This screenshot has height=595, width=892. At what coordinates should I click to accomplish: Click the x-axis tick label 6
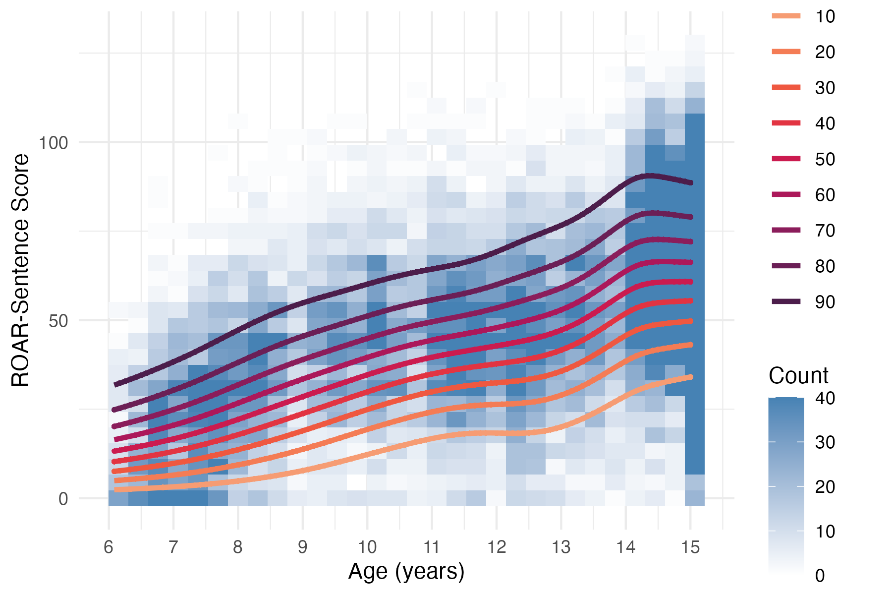point(109,547)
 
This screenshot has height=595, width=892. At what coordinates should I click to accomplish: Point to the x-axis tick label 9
point(302,547)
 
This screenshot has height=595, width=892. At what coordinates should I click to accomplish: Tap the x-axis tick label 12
point(497,547)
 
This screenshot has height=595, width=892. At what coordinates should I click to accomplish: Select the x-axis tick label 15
point(690,547)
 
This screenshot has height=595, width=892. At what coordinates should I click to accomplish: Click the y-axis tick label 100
point(54,143)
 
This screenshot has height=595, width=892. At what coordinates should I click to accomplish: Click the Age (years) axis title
point(406,572)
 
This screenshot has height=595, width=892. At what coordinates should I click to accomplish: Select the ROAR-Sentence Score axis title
point(21,270)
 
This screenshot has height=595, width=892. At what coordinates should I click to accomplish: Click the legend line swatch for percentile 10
point(786,16)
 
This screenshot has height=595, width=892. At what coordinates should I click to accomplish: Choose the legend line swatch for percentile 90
point(786,301)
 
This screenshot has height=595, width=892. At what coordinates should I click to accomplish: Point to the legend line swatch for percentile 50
point(786,159)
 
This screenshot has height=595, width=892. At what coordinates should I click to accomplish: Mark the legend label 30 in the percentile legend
point(825,88)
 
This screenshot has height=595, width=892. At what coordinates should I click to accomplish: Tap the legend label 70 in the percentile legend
point(825,231)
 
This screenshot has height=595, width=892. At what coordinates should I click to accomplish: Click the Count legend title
point(798,376)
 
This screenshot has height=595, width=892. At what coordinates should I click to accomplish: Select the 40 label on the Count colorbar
point(825,398)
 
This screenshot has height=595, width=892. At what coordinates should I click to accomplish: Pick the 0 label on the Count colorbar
point(820,576)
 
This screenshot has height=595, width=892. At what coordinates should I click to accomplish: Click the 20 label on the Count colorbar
point(825,487)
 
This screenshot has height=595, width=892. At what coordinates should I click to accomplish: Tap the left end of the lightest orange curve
point(116,490)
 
